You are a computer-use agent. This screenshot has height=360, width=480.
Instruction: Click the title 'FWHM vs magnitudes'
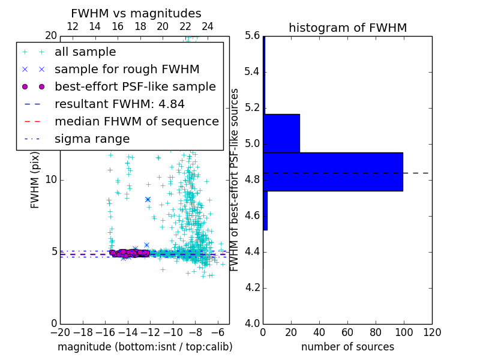tap(136, 13)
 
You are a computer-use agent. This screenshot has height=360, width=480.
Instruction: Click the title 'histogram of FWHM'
tap(347, 28)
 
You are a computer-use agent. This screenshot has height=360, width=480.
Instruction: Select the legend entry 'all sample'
tap(85, 52)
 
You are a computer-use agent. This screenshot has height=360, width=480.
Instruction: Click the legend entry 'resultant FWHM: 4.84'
tap(119, 104)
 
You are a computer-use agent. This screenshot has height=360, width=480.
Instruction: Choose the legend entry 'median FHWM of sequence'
tap(136, 121)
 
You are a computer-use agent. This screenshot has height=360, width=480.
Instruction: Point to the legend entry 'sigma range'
tap(92, 139)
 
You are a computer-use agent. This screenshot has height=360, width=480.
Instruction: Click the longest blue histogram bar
tap(333, 172)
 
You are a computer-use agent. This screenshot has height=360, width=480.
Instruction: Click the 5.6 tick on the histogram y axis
tap(252, 36)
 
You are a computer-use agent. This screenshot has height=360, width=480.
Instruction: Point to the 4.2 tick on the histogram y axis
tap(252, 287)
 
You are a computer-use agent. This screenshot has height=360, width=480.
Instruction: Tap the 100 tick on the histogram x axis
tap(404, 332)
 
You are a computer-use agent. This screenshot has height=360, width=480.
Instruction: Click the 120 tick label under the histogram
tap(431, 332)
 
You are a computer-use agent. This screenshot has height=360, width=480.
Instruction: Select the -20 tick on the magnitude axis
tap(60, 332)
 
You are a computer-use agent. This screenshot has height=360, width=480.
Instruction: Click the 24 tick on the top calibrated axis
tap(208, 26)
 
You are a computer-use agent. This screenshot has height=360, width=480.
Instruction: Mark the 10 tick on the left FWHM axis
tap(51, 179)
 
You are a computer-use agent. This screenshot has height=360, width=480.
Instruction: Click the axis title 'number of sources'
tap(347, 347)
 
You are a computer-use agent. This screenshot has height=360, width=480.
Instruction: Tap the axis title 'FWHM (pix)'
tap(35, 180)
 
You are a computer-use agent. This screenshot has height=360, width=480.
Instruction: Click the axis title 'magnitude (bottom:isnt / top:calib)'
tap(145, 347)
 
